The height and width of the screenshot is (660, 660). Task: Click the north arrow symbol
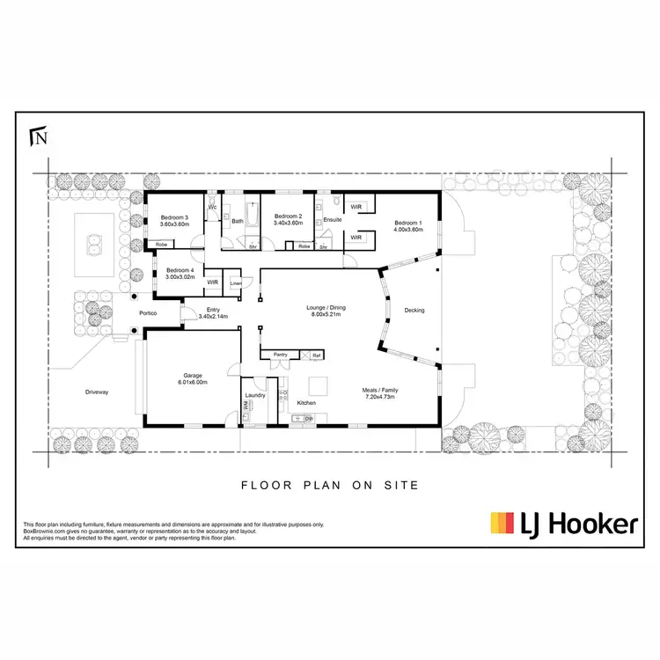click(x=37, y=136)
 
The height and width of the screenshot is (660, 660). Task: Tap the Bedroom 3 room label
click(x=174, y=217)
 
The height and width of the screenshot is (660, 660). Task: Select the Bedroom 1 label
click(x=409, y=223)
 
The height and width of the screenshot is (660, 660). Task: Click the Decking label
click(x=414, y=310)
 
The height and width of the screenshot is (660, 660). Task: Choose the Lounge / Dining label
click(x=326, y=307)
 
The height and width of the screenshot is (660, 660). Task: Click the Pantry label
click(x=281, y=355)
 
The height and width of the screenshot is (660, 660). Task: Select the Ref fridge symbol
click(x=316, y=355)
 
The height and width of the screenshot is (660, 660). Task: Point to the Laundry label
click(x=255, y=394)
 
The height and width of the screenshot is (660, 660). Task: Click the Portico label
click(x=147, y=312)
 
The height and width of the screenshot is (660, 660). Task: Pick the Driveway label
click(x=96, y=392)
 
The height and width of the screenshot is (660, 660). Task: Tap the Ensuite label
click(x=333, y=219)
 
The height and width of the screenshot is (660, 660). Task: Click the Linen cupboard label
click(x=235, y=282)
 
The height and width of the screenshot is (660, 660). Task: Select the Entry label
click(x=214, y=310)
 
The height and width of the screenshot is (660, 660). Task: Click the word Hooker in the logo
click(x=592, y=525)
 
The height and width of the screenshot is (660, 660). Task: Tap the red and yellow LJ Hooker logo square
click(x=502, y=524)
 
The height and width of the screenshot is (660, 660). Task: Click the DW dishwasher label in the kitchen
click(x=308, y=419)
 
